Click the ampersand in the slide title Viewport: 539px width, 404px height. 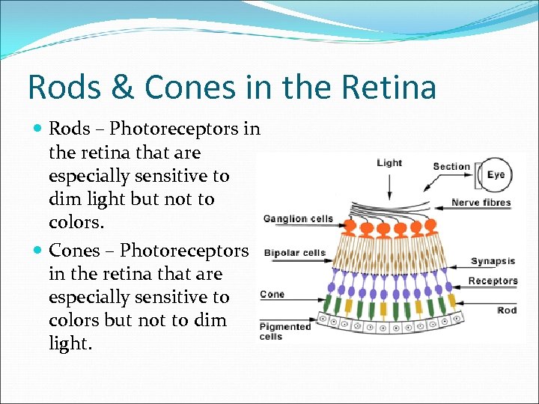[120, 87]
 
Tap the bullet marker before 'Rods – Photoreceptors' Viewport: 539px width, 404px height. [37, 129]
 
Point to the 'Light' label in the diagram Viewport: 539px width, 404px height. [389, 163]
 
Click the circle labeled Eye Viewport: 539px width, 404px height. [495, 175]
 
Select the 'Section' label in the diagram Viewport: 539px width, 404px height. [451, 166]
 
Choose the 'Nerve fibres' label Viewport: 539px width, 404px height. [481, 202]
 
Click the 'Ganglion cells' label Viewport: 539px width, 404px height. [298, 219]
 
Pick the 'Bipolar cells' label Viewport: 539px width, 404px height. [295, 253]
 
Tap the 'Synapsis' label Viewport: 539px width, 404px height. [493, 261]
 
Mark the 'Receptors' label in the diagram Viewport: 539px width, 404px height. [493, 281]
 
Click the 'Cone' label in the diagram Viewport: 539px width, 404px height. [272, 294]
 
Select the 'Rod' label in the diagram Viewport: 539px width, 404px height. [507, 310]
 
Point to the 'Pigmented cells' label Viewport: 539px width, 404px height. [284, 331]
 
